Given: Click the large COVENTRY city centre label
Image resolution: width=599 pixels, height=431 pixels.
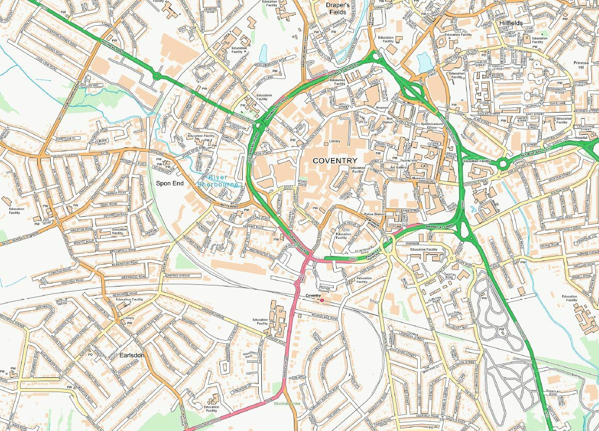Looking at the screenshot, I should point(335,161).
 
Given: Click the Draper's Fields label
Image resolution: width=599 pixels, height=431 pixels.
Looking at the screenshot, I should point(338,8).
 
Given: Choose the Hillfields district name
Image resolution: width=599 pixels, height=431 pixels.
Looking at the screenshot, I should point(511,23).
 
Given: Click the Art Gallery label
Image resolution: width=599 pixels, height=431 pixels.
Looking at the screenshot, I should point(398,167).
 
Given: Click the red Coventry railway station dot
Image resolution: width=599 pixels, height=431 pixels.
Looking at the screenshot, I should point(322,299).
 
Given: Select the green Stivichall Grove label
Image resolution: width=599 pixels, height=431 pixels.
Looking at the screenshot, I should point(287,403).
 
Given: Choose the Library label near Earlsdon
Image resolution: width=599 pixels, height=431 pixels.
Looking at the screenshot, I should point(129,318).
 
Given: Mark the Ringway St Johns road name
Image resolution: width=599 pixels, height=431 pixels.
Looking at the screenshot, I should point(439,225).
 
